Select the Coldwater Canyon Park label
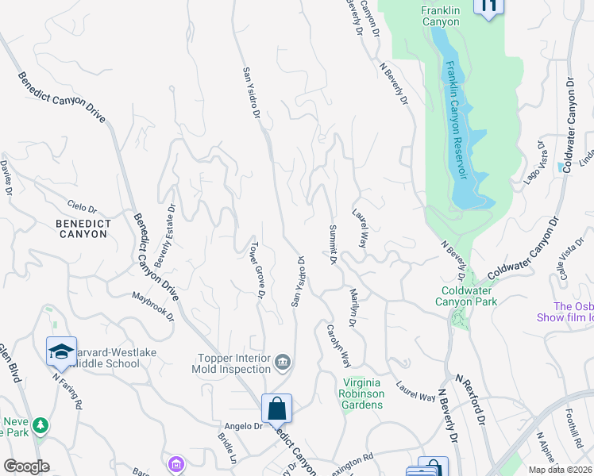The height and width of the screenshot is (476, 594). point(469,296)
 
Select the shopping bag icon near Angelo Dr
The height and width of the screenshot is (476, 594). point(276,409)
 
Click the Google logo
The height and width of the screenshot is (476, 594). point(26,466)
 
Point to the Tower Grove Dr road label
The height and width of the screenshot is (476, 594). point(257,271)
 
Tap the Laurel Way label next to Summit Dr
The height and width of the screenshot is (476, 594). point(360,228)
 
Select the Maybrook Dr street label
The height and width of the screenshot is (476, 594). point(152,306)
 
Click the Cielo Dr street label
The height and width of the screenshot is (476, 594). point(82,208)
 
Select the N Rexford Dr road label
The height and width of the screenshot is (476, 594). point(469,398)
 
